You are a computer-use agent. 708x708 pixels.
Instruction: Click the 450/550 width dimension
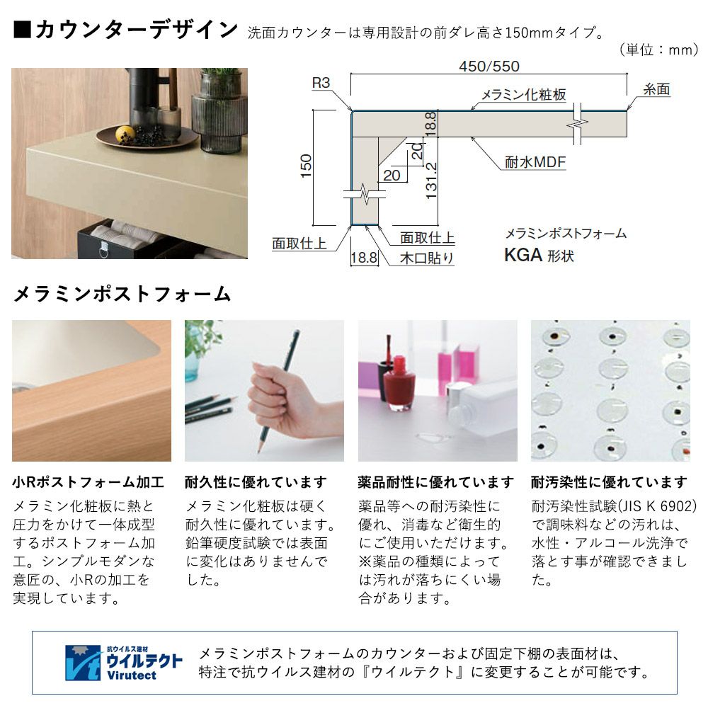(x=489, y=67)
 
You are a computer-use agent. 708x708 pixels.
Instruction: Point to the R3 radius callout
(x=321, y=83)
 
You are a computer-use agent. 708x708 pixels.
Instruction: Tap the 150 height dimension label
(x=306, y=166)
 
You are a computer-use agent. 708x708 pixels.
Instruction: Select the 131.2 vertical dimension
(x=431, y=181)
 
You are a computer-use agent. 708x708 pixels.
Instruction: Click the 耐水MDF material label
(x=535, y=162)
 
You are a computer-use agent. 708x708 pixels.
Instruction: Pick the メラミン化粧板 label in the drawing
(x=524, y=94)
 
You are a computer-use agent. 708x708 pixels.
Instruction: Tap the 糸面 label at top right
(x=656, y=89)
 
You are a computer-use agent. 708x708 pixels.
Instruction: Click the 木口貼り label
(x=427, y=258)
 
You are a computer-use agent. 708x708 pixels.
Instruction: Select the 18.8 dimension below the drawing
(x=364, y=258)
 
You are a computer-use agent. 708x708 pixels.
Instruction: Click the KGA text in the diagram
(x=523, y=255)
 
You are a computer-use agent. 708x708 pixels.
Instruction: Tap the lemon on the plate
(x=125, y=134)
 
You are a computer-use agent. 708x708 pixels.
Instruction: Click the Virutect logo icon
(x=83, y=663)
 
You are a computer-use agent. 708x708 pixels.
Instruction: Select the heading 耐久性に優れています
(x=256, y=482)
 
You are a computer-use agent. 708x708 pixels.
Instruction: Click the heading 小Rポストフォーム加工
(x=88, y=482)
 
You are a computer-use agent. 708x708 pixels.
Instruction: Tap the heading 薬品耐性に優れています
(x=435, y=482)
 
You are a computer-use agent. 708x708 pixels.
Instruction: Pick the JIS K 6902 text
(x=657, y=506)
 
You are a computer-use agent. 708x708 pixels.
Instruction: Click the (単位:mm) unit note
(x=658, y=50)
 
